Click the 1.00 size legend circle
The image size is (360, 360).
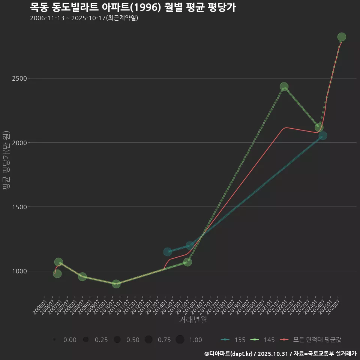[180, 340]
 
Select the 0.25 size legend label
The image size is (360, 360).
[101, 340]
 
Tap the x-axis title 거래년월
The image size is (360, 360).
[193, 320]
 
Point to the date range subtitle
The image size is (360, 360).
[84, 18]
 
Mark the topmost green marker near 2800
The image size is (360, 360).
[342, 37]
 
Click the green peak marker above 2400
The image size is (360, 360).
[284, 87]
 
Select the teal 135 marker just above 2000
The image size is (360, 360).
[322, 136]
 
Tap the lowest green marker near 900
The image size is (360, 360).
[116, 284]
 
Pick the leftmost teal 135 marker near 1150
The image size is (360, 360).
[168, 252]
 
